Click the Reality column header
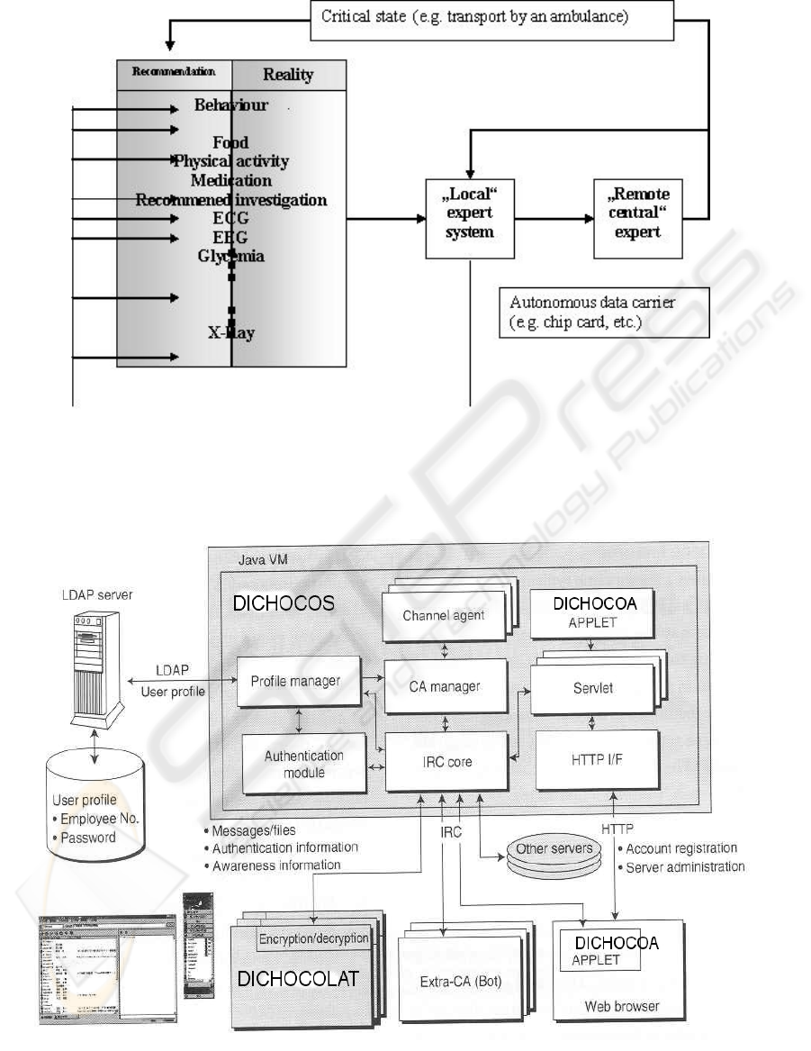point(288,74)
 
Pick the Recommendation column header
point(175,71)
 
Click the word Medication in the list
point(231,180)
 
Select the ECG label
point(231,219)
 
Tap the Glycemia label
point(231,256)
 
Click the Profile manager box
point(295,682)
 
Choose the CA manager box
point(445,686)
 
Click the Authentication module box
point(304,763)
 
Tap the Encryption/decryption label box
point(314,938)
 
